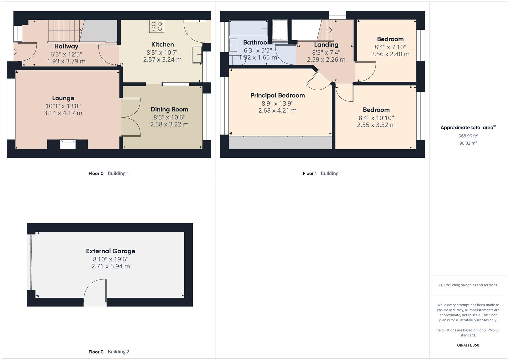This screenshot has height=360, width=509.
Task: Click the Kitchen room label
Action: pos(162,44)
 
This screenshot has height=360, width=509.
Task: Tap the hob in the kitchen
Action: pos(156,27)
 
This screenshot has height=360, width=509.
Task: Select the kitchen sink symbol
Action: pos(197,55)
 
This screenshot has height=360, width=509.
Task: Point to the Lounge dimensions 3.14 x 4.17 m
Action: pos(63,113)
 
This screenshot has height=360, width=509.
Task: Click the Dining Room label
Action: pos(169,109)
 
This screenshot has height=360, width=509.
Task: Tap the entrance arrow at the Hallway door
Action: pos(15,52)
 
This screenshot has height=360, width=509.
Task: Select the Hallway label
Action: pos(66,46)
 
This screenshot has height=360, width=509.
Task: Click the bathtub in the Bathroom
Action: pos(248,28)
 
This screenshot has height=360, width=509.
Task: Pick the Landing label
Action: pos(326,45)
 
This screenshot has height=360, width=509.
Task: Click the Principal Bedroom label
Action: pos(277,95)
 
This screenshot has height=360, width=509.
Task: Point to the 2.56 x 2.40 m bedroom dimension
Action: pos(390,54)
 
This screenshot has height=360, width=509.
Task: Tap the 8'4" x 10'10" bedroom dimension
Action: pos(376,118)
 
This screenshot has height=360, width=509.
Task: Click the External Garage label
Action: pos(111,251)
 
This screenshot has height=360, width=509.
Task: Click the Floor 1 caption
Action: pos(310,173)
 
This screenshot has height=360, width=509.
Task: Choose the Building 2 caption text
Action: pos(118,352)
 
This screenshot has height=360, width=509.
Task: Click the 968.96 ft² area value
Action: pos(468,136)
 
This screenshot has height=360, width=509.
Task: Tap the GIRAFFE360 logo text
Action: pos(468,345)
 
